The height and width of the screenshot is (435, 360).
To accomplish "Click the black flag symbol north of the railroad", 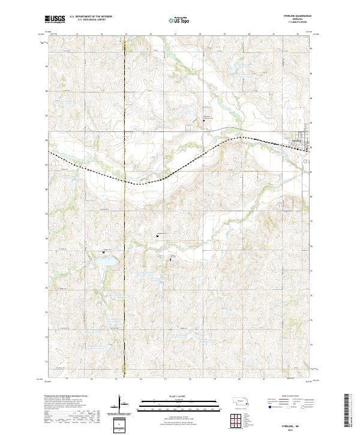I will (203, 120).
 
